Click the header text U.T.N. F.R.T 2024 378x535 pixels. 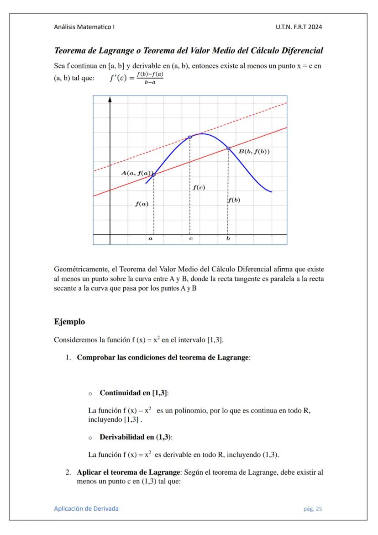click(299, 27)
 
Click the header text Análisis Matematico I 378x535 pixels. click(84, 27)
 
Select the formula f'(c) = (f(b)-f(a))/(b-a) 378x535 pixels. click(136, 78)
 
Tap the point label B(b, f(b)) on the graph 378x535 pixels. click(254, 152)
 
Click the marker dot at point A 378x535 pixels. click(153, 175)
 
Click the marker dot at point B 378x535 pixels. click(228, 148)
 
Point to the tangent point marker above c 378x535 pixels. click(190, 137)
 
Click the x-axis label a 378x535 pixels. click(151, 238)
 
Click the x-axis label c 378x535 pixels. click(191, 238)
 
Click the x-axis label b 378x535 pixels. click(228, 238)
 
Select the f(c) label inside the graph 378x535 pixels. click(199, 187)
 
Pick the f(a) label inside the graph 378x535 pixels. click(142, 204)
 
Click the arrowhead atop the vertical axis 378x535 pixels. click(110, 99)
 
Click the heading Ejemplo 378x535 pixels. click(69, 322)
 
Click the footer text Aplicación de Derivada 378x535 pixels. click(86, 509)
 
